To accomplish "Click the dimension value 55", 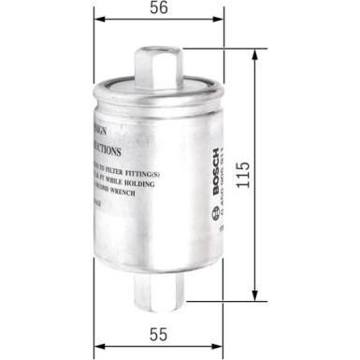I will pyautogui.click(x=159, y=333).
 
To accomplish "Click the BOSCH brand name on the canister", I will pyautogui.click(x=216, y=163).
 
